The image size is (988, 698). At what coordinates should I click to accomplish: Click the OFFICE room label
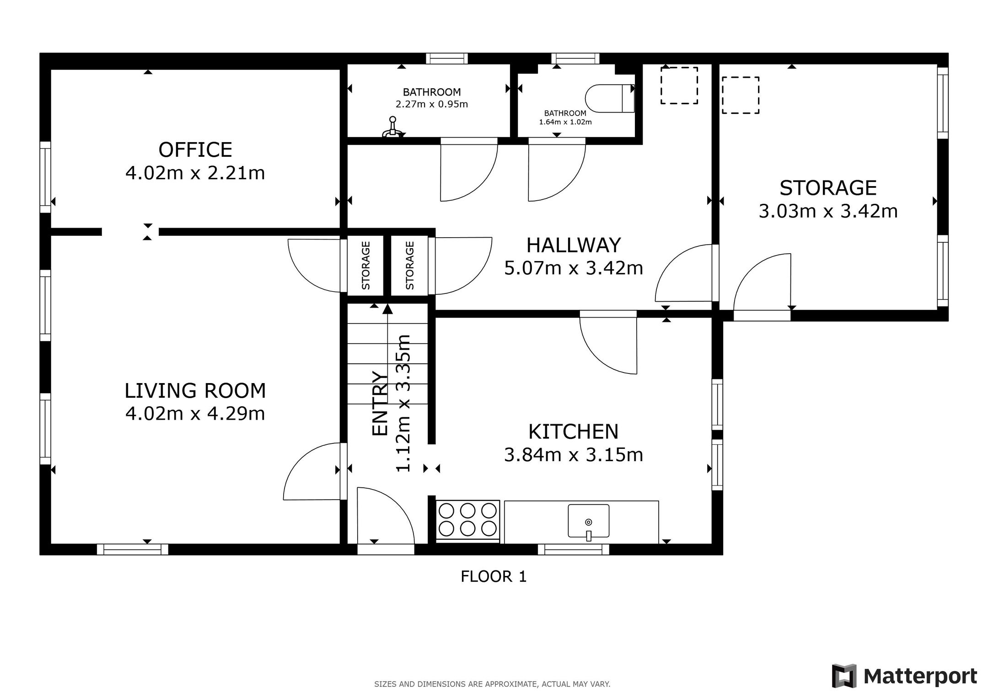pyautogui.click(x=195, y=150)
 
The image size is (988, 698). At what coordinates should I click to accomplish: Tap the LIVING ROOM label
pyautogui.click(x=195, y=391)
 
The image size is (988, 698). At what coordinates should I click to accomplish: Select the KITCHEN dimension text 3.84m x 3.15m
pyautogui.click(x=574, y=455)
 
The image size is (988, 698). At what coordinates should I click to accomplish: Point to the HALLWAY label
pyautogui.click(x=574, y=245)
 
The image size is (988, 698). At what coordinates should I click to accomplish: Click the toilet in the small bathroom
pyautogui.click(x=610, y=98)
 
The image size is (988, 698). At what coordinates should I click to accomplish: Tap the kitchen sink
pyautogui.click(x=589, y=521)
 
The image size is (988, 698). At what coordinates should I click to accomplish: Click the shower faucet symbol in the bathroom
pyautogui.click(x=392, y=128)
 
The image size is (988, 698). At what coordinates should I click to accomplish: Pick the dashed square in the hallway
pyautogui.click(x=679, y=85)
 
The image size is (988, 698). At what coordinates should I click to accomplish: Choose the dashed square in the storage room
pyautogui.click(x=741, y=95)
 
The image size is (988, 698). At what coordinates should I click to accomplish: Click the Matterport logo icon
pyautogui.click(x=844, y=676)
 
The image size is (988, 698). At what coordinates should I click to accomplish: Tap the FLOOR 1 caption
pyautogui.click(x=494, y=577)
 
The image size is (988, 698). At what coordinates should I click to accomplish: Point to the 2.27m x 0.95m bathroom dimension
pyautogui.click(x=432, y=104)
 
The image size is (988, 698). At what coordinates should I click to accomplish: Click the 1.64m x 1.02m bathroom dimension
pyautogui.click(x=565, y=122)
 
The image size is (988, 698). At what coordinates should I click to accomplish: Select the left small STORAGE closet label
pyautogui.click(x=365, y=266)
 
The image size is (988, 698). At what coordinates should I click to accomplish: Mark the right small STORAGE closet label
pyautogui.click(x=410, y=266)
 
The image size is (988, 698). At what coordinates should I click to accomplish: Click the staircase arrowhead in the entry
pyautogui.click(x=387, y=309)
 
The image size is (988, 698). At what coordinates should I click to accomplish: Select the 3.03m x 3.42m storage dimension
pyautogui.click(x=828, y=211)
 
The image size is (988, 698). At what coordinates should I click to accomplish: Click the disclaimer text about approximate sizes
pyautogui.click(x=492, y=684)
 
